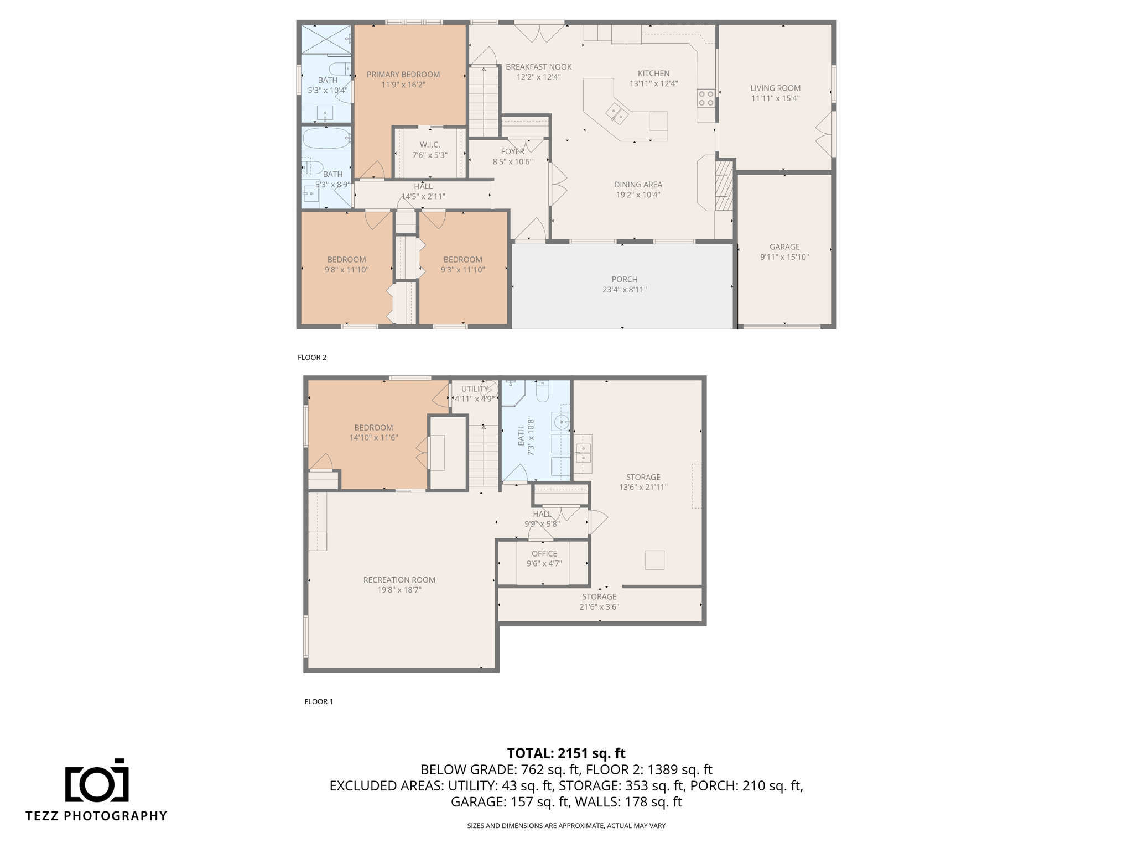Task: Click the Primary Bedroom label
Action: point(403,75)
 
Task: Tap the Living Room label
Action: point(775,88)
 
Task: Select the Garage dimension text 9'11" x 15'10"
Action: point(784,257)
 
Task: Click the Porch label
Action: point(625,279)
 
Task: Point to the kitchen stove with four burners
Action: point(706,98)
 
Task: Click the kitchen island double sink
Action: point(616,113)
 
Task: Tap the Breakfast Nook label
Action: point(539,67)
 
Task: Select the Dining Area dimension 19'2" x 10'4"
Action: point(638,195)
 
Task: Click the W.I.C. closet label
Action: point(430,145)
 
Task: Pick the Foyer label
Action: point(512,151)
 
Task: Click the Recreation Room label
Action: point(399,580)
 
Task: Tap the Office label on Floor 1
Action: point(544,553)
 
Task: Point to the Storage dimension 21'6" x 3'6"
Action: point(599,607)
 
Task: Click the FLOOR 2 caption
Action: point(312,358)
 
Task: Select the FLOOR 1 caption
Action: point(319,701)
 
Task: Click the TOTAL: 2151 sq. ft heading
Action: point(566,753)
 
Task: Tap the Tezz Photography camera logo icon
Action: point(97,780)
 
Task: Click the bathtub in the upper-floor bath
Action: point(326,138)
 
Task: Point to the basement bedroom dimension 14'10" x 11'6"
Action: point(373,438)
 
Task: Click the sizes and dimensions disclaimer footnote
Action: point(566,826)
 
